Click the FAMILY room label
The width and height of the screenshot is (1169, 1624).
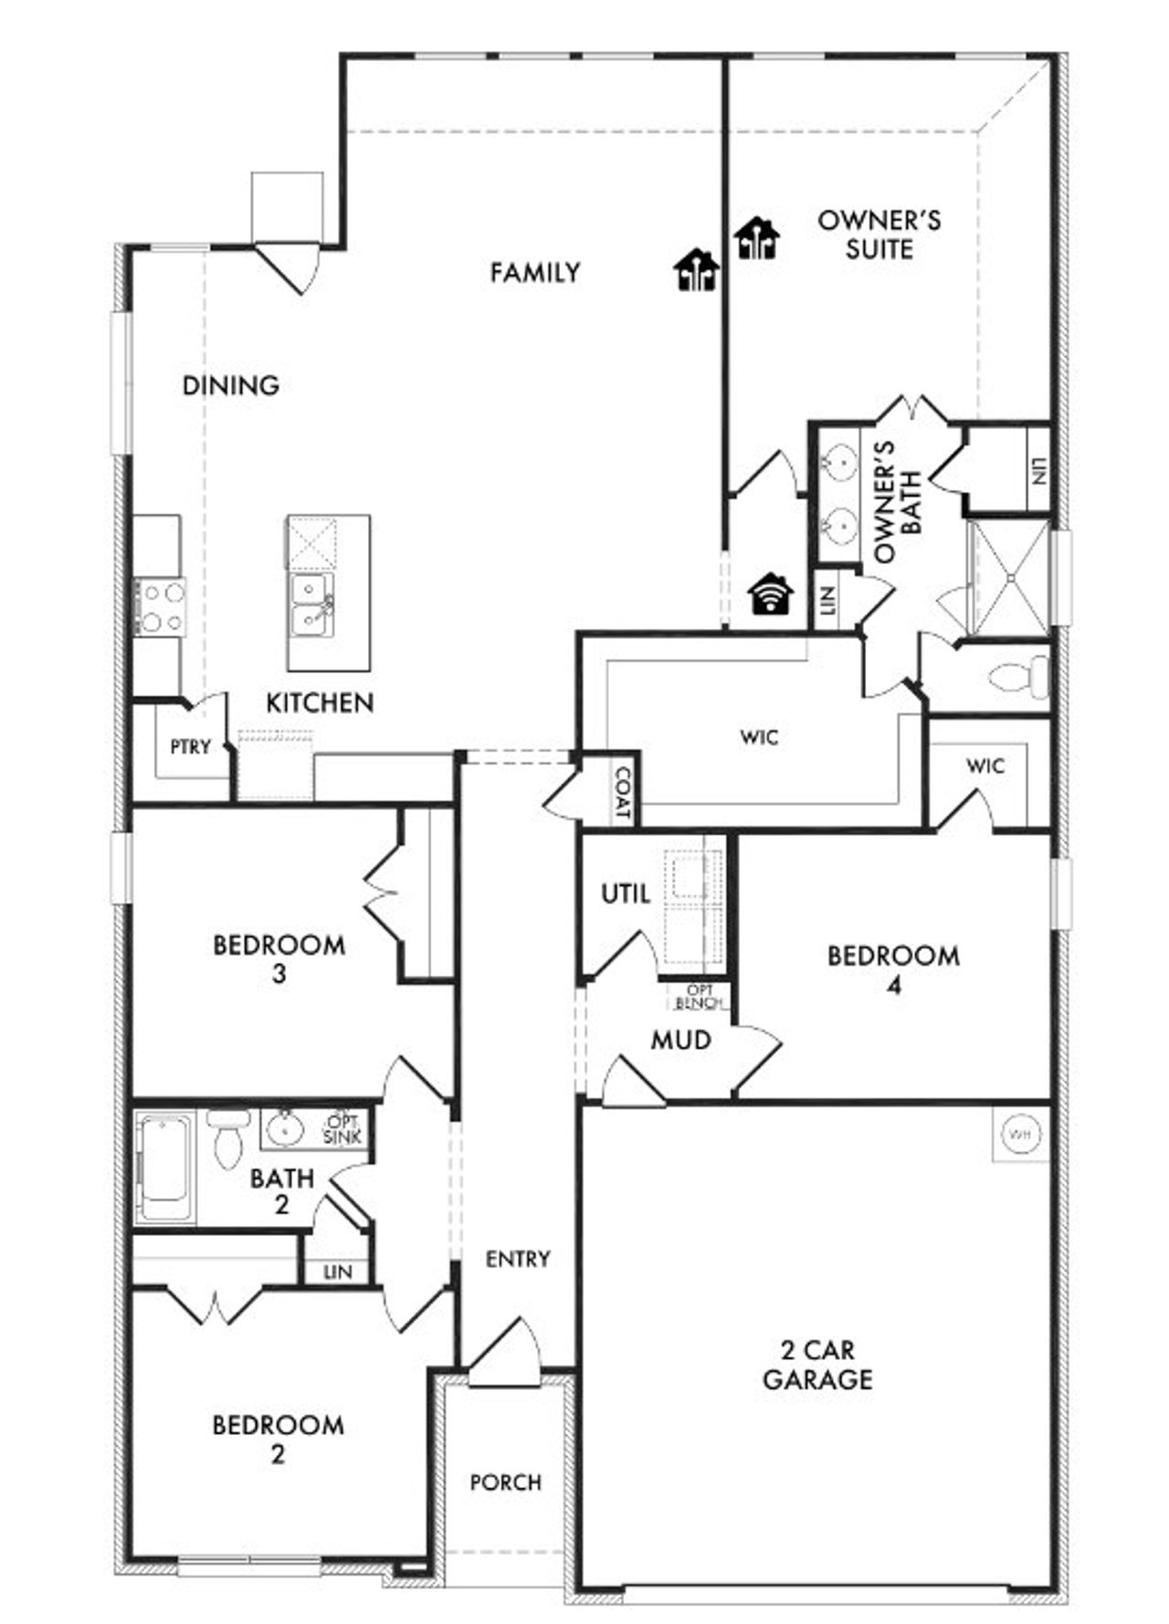point(534,273)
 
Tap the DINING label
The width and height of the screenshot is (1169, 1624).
point(231,385)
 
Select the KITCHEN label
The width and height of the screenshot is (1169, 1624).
point(320,703)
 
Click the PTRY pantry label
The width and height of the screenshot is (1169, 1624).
point(190,747)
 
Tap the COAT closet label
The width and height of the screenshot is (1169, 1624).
point(623,791)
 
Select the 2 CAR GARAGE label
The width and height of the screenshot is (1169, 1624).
point(817,1364)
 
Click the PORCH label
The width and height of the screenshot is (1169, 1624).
point(505,1483)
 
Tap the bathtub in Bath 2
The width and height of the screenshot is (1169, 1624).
point(165,1168)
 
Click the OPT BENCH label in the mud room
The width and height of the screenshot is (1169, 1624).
point(700,997)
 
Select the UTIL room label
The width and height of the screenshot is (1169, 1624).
point(626,894)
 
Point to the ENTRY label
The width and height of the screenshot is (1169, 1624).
point(518,1260)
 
